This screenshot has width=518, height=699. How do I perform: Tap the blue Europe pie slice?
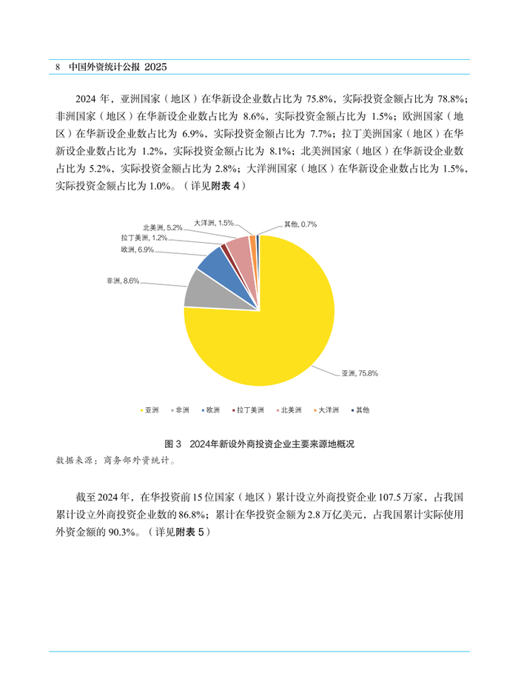pyautogui.click(x=214, y=262)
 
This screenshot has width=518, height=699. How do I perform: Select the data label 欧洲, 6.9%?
pyautogui.click(x=138, y=250)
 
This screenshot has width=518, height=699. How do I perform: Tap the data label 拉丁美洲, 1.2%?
pyautogui.click(x=144, y=238)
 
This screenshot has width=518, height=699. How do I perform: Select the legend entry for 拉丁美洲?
pyautogui.click(x=248, y=409)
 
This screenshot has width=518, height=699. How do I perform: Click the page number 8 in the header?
pyautogui.click(x=58, y=67)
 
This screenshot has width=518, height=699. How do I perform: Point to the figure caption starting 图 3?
pyautogui.click(x=260, y=444)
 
